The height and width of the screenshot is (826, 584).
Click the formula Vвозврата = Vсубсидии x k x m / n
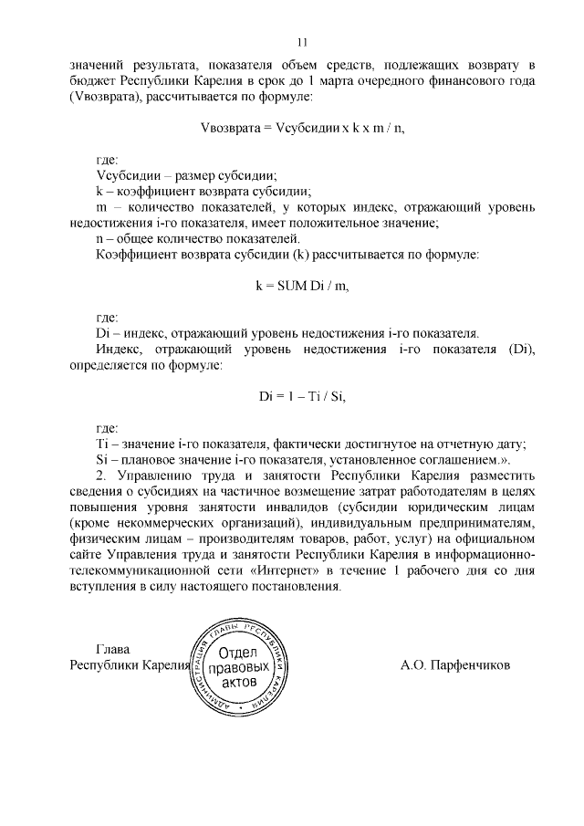coord(302,128)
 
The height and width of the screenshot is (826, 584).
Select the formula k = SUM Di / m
coord(302,286)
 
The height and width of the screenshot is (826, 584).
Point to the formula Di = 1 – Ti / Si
coord(302,396)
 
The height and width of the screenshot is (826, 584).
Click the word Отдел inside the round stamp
coord(241,652)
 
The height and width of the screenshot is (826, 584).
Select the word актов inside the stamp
coord(241,684)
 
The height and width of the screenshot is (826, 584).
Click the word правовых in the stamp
coord(241,668)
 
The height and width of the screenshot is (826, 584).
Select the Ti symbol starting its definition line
coord(101,444)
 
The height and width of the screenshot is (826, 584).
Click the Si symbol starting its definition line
coord(101,459)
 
